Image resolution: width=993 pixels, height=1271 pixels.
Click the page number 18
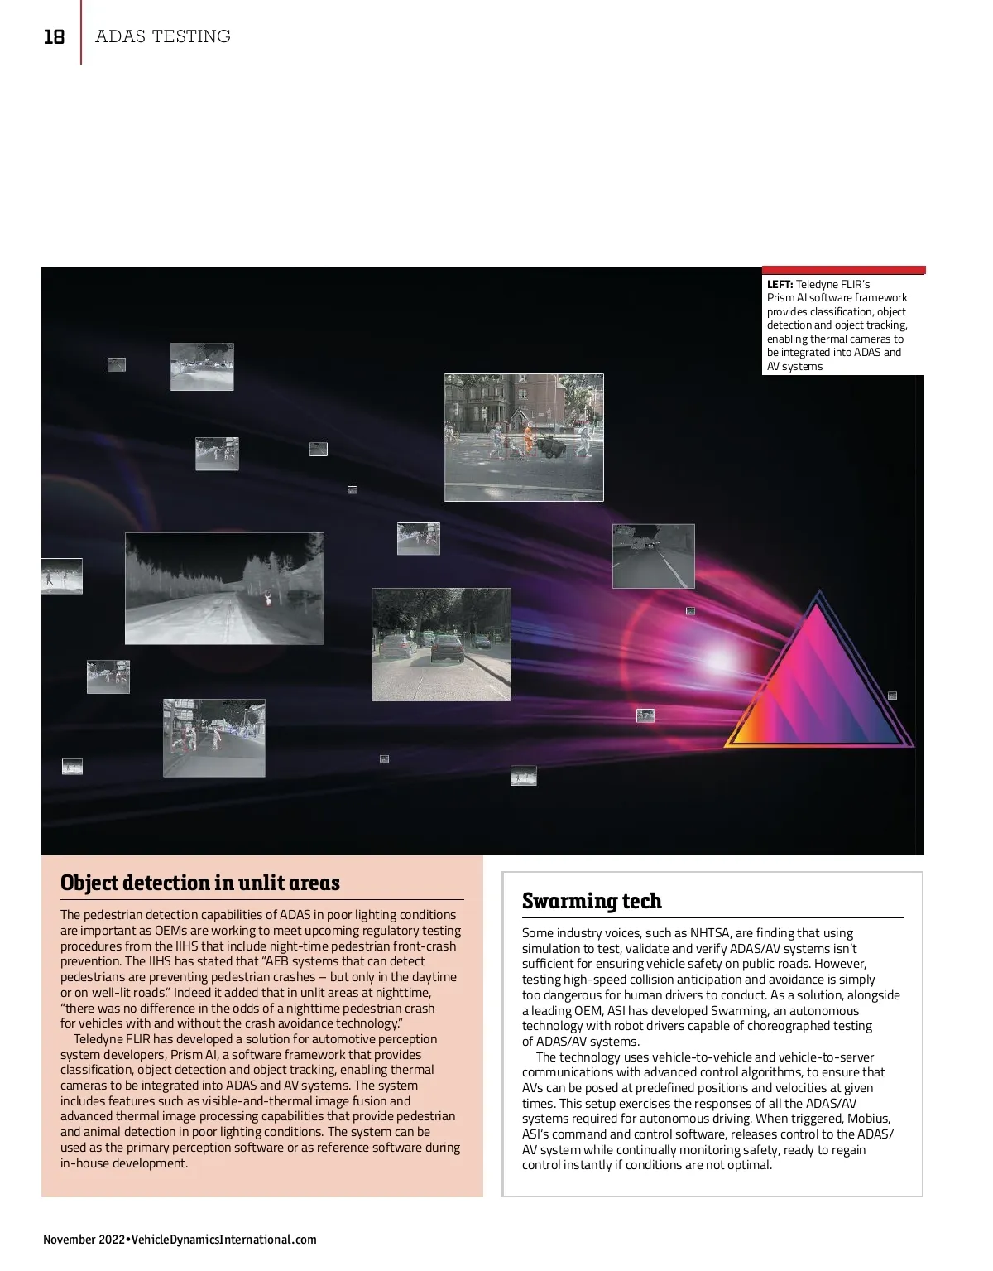[x=54, y=37]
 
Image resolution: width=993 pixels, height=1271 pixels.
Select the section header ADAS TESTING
[x=163, y=36]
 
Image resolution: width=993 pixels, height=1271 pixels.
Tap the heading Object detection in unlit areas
[x=199, y=883]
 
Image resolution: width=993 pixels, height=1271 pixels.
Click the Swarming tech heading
[x=592, y=901]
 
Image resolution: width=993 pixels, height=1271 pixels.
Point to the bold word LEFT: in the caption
[x=780, y=284]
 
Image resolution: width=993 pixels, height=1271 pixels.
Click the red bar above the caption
[x=843, y=270]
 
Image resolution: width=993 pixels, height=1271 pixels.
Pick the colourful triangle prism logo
[x=819, y=679]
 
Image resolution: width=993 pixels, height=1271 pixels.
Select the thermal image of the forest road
[x=223, y=588]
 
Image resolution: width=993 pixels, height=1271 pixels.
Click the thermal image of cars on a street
[x=441, y=644]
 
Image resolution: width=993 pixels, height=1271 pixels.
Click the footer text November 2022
[x=82, y=1240]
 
